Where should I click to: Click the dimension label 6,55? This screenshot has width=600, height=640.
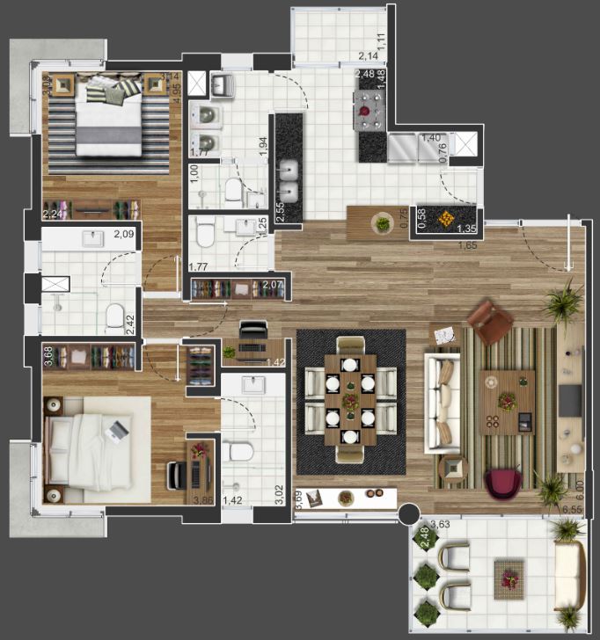point(573,509)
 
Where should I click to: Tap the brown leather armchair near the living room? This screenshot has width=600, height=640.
point(490,323)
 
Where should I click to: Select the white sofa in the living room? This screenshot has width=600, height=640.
point(441,401)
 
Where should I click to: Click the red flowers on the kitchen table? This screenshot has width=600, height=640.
point(364,112)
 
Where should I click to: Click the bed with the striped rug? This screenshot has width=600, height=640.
point(108,119)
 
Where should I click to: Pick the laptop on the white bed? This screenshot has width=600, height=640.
point(116,431)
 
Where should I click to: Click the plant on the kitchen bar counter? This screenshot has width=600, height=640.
point(383,223)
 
